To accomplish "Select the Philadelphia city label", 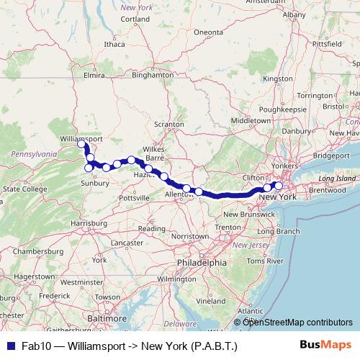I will [x=202, y=263].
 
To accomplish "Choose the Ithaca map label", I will [x=114, y=44].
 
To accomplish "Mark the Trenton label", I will [x=228, y=227].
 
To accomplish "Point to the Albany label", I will [x=294, y=14].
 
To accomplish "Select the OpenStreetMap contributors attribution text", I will [x=297, y=322].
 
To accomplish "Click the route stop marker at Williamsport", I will [x=82, y=143].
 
